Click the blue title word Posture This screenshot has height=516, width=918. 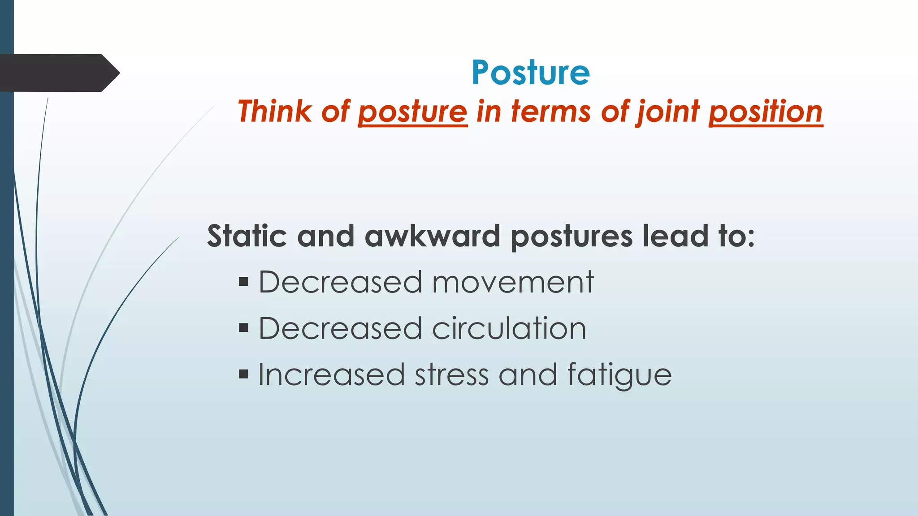tap(531, 73)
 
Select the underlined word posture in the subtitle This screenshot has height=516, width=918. tap(412, 112)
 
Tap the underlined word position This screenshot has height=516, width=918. tap(766, 112)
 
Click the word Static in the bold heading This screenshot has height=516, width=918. tap(247, 236)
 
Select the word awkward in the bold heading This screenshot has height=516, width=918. tap(432, 236)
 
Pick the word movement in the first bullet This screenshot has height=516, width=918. tap(513, 283)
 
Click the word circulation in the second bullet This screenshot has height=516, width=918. tap(509, 328)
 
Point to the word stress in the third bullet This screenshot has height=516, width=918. tap(451, 374)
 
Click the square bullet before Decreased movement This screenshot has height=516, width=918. tap(243, 282)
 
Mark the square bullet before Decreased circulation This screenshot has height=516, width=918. tap(243, 328)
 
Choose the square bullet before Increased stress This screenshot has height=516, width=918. tap(243, 374)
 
